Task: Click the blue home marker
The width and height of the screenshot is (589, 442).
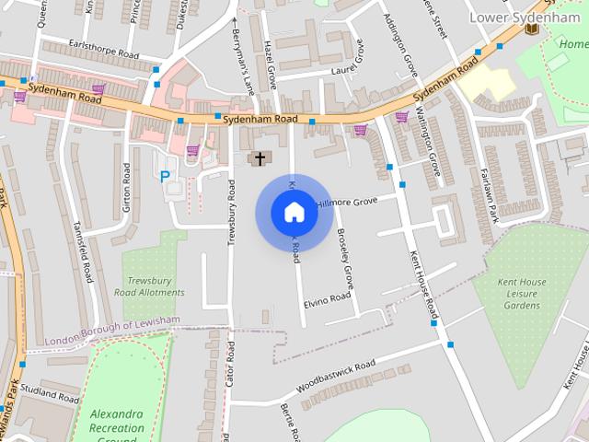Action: click(x=294, y=213)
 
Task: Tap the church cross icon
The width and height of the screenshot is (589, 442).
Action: click(x=260, y=159)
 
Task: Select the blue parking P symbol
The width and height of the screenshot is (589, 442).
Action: click(x=166, y=177)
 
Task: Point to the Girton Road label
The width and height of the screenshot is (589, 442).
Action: click(x=127, y=188)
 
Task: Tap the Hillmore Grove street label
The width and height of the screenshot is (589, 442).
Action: click(x=347, y=201)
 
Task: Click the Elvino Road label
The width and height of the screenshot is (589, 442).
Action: click(x=328, y=299)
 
